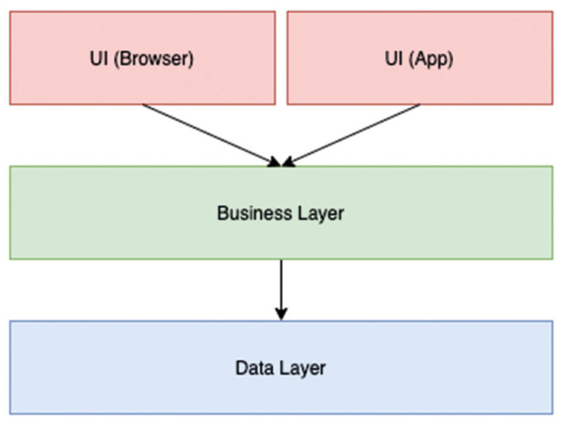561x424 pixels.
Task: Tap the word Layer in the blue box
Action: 302,368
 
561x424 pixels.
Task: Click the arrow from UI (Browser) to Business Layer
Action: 208,134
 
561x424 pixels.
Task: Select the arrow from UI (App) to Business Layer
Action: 354,134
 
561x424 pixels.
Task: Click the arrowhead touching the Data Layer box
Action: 281,313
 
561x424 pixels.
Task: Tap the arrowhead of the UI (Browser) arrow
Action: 273,162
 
